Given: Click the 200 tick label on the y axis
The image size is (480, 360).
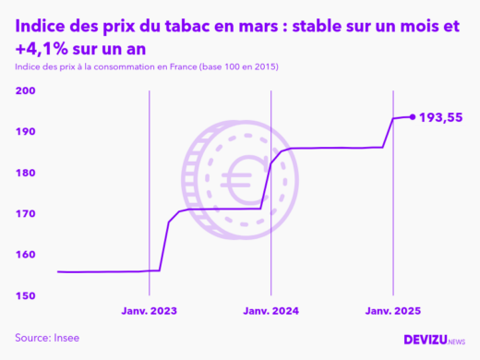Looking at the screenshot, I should point(25,91).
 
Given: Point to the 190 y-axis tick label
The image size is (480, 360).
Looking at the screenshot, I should point(25,132).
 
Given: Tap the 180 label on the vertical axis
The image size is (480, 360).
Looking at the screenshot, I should point(25,173).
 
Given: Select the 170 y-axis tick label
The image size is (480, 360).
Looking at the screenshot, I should point(25,213).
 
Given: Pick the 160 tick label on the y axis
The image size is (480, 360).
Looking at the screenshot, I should point(25,255).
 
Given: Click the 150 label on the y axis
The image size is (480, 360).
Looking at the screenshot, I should point(25,295).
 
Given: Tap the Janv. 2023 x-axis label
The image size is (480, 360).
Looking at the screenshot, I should point(149,312).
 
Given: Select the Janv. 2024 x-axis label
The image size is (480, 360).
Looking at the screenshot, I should point(270,312).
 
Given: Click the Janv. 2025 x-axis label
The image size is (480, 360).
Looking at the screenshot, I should point(392,312).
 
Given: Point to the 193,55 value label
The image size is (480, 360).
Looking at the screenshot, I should point(441,117).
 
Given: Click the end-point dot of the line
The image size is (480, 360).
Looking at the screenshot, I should point(412,117).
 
